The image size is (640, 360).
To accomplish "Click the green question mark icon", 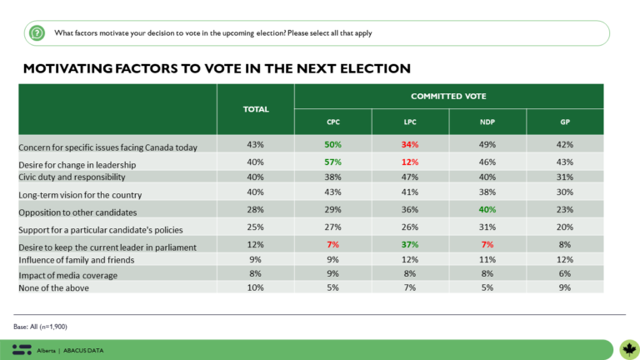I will click(37, 33).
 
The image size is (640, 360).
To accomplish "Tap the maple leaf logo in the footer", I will click(627, 348).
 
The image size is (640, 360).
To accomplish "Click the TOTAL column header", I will click(255, 108).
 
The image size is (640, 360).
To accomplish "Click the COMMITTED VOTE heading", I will click(447, 96).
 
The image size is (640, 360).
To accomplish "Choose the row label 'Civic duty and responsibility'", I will click(73, 177).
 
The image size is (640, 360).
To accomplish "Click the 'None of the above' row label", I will click(54, 288).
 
